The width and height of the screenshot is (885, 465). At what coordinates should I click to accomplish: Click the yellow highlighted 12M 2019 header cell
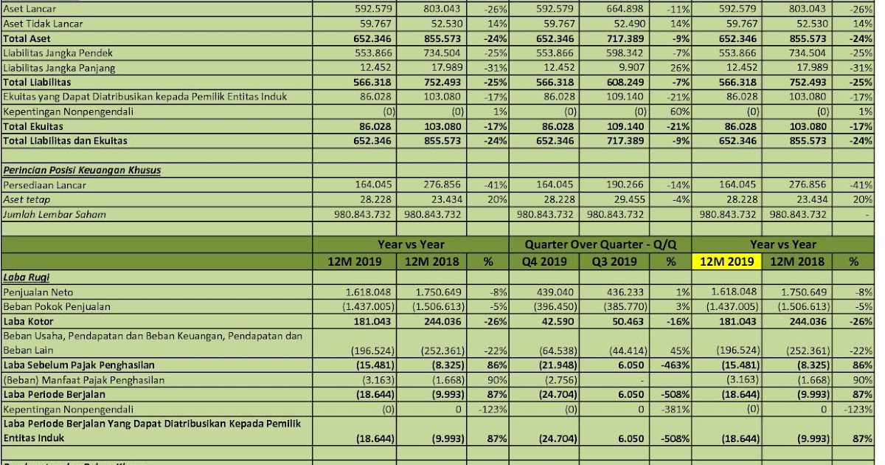(726, 261)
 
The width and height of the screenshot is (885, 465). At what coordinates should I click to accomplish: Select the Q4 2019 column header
(545, 261)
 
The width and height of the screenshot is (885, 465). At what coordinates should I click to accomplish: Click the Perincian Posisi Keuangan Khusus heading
(81, 170)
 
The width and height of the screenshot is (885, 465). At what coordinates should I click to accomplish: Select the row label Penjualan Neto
(38, 292)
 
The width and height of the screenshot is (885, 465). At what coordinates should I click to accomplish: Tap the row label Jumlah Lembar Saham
(54, 214)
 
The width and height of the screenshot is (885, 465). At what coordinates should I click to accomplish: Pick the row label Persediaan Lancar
(44, 185)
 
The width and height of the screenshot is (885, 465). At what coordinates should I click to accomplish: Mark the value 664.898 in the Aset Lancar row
(623, 9)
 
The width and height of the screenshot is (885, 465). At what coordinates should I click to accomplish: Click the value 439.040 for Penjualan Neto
(554, 292)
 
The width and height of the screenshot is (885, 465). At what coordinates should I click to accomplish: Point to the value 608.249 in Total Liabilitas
(623, 83)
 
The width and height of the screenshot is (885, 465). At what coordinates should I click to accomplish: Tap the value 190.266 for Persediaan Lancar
(623, 185)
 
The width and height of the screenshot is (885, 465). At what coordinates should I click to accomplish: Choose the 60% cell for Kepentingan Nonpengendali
(678, 111)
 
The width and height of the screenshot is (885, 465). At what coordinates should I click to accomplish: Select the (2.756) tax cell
(553, 380)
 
